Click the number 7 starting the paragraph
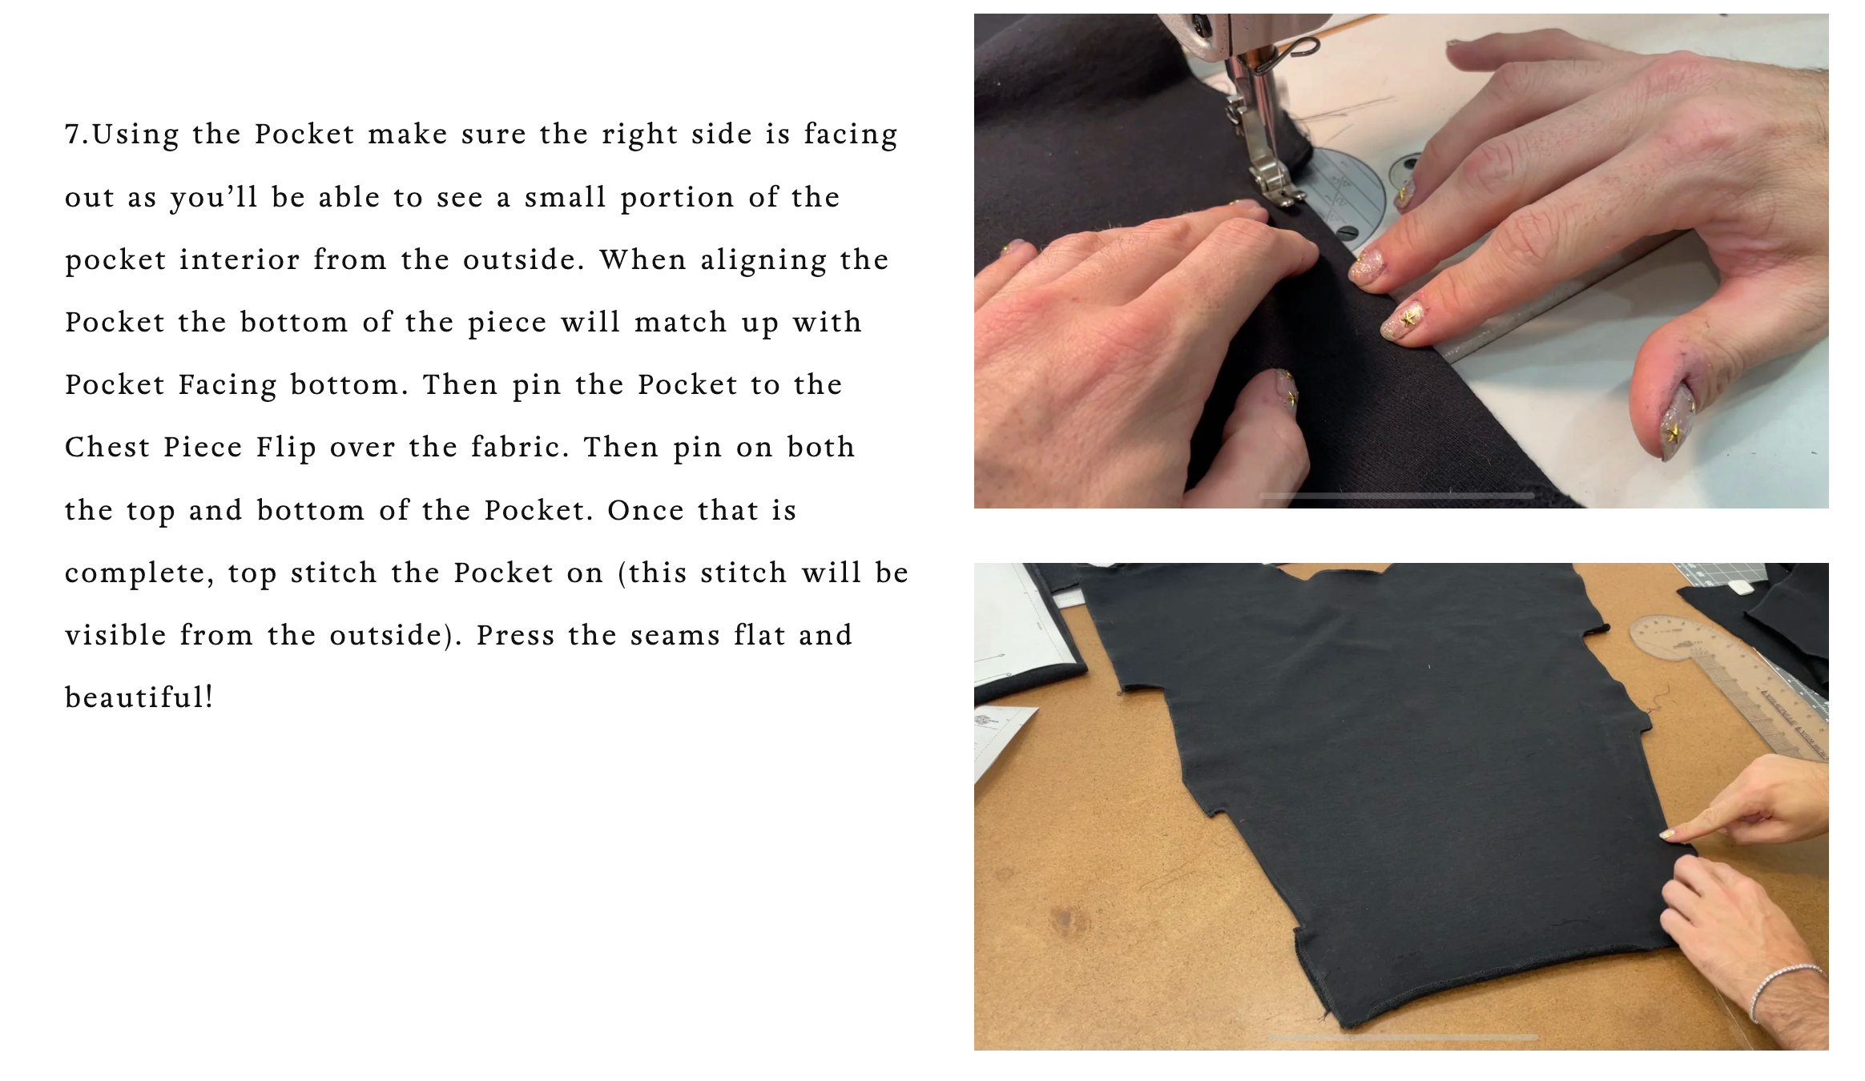pos(73,134)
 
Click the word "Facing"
pos(228,385)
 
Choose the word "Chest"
pos(107,447)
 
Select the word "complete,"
pos(139,573)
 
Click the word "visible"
pos(115,635)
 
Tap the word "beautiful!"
pos(139,697)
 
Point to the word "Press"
pos(515,635)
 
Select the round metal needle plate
pos(1346,196)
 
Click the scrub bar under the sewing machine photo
pos(1396,496)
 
